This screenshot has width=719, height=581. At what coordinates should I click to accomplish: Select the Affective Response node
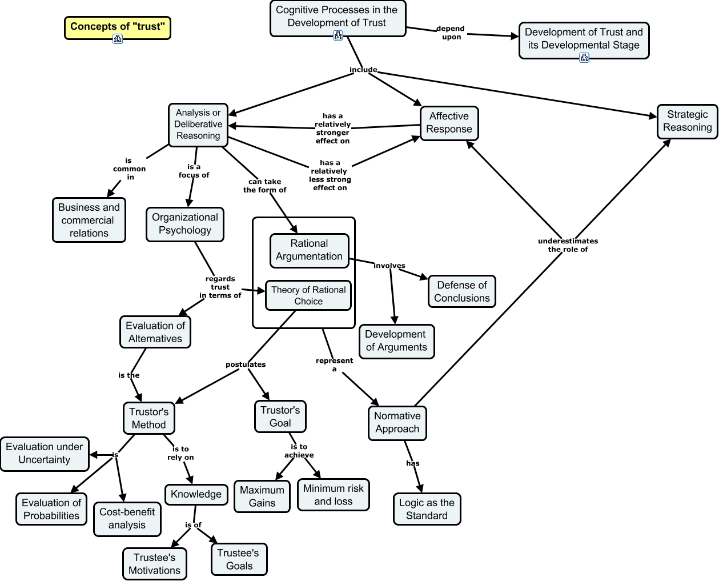click(x=449, y=123)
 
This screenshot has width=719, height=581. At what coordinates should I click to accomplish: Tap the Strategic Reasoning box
click(x=687, y=121)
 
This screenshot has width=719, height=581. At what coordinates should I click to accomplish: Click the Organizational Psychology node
click(x=184, y=224)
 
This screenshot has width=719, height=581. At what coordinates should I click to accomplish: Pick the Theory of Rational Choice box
click(x=308, y=295)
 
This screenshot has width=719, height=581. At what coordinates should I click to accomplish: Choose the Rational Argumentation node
click(x=309, y=250)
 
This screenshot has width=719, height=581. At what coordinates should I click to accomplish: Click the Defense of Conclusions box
click(x=461, y=291)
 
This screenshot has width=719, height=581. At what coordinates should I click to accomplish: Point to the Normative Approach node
click(x=397, y=423)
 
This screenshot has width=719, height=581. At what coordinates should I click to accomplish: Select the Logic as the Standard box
click(x=427, y=509)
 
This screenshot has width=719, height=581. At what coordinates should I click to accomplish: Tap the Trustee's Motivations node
click(x=154, y=564)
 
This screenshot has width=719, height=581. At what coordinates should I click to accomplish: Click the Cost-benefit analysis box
click(x=127, y=519)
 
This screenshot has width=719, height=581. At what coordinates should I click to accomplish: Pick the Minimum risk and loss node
click(x=333, y=495)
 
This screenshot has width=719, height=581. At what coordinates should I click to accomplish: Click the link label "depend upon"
click(x=451, y=33)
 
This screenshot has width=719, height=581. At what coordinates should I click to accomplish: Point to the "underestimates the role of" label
click(x=568, y=245)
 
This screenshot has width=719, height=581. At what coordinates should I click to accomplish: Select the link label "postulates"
click(x=246, y=364)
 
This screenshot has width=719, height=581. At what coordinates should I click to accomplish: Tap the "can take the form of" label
click(x=264, y=186)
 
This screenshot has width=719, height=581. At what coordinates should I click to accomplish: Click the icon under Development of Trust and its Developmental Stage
click(x=584, y=57)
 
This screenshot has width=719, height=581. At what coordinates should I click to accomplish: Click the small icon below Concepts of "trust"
click(x=118, y=39)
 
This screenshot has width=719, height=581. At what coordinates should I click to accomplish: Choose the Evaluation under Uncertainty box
click(x=45, y=454)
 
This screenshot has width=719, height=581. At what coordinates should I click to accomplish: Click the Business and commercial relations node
click(x=89, y=221)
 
